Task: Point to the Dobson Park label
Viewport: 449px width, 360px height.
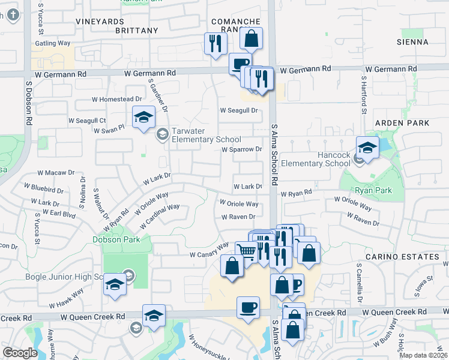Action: [116, 239]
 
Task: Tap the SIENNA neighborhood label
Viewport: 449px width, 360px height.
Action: [412, 42]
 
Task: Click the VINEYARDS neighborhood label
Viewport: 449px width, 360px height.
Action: [100, 21]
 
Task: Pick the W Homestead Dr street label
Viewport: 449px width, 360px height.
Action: [116, 99]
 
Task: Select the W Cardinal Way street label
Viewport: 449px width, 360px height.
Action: [160, 216]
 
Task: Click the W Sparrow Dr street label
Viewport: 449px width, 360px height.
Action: [243, 149]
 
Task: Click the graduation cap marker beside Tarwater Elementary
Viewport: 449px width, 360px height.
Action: [143, 117]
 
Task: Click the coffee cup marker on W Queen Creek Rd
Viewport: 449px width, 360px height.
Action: [248, 308]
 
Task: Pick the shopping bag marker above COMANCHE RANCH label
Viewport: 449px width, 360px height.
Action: [252, 38]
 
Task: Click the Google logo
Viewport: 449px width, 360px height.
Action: [20, 353]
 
